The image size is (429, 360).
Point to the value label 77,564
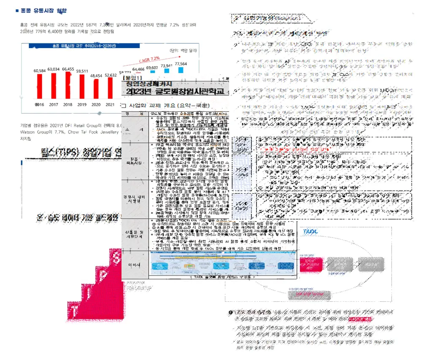181,64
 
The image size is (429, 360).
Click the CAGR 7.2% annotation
149,58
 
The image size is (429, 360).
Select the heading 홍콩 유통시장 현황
43,11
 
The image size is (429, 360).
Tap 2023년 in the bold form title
137,92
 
